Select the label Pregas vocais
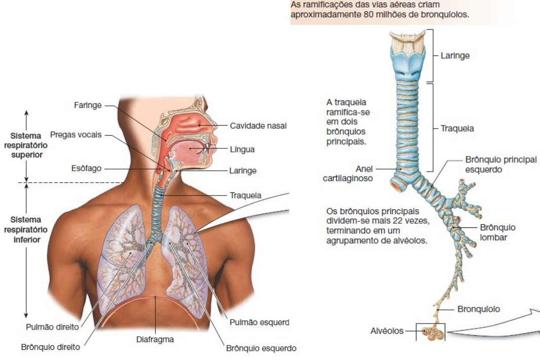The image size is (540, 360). [76, 135]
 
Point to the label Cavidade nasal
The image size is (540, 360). [258, 125]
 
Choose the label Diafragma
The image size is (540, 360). [155, 339]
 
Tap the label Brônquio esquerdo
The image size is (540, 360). [261, 348]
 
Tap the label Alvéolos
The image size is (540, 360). [387, 331]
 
